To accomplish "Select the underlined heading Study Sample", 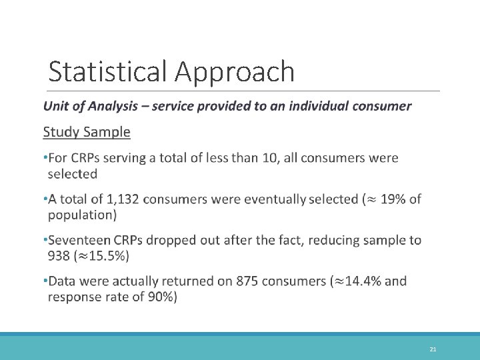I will coord(87,132).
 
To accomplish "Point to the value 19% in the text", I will coord(394,199).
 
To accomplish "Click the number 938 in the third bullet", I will coord(61,255).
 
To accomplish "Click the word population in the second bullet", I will coord(79,215).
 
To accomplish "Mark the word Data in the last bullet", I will coord(63,281).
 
